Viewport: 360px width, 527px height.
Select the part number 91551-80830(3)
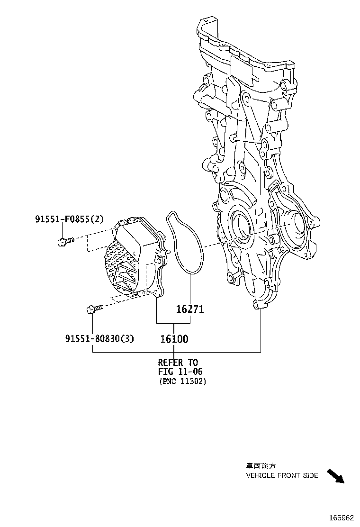(99, 338)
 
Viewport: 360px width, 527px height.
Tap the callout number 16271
(189, 309)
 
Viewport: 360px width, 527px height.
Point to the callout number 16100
(174, 339)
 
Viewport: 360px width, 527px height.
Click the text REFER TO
(178, 363)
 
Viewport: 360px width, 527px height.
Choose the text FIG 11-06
(180, 372)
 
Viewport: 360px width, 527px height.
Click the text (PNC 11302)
(182, 382)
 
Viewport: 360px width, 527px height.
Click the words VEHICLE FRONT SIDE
(282, 475)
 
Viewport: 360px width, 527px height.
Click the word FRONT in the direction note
(289, 475)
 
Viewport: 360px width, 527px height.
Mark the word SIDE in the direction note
(311, 475)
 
